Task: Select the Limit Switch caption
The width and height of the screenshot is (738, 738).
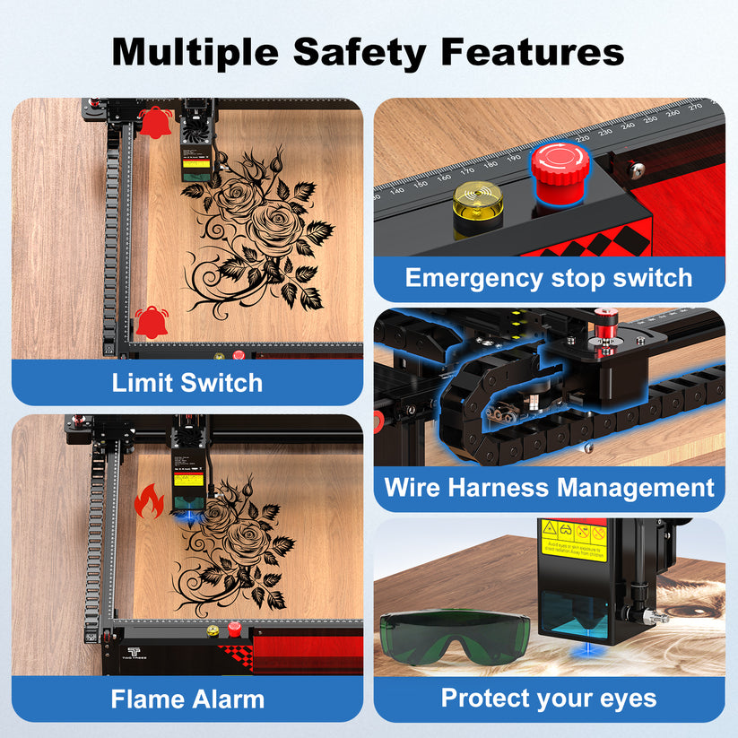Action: tap(187, 383)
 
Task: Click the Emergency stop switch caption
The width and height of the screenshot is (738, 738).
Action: tap(549, 278)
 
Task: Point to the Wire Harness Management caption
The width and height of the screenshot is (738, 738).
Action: tap(549, 488)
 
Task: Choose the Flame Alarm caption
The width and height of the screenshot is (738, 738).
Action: tap(187, 699)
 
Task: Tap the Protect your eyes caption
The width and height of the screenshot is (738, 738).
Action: tap(549, 699)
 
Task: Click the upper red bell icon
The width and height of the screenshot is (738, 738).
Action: tap(156, 120)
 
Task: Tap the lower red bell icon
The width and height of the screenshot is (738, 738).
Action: tap(151, 321)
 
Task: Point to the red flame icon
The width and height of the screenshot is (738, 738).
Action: tap(148, 502)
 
